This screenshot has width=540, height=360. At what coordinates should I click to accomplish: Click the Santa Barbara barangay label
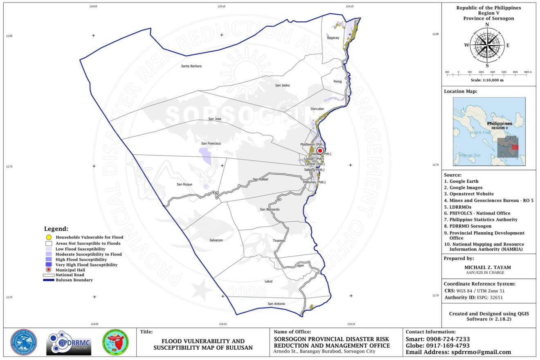191,66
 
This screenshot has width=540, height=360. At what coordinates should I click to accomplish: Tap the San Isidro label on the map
282,85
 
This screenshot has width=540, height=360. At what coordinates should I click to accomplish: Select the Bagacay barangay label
333,38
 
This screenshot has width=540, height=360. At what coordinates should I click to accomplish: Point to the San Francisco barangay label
211,144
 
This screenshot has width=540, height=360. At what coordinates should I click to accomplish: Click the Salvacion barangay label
216,240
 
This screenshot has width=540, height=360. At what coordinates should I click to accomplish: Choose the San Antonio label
276,304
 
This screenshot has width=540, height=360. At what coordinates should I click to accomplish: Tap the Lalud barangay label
268,281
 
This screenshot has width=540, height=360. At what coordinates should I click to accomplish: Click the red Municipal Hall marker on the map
320,151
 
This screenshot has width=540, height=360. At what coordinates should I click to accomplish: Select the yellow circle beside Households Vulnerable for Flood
48,237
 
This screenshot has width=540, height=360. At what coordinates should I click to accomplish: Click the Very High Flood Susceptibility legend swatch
48,265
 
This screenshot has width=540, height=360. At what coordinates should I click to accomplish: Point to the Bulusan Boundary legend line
48,280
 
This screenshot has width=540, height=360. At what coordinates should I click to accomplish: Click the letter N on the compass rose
487,25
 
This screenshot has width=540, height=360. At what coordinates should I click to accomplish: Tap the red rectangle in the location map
515,147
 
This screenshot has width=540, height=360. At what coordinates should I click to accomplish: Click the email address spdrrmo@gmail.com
481,352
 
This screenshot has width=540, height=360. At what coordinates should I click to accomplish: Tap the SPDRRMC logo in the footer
69,343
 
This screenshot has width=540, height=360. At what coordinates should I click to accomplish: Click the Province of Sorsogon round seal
23,342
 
